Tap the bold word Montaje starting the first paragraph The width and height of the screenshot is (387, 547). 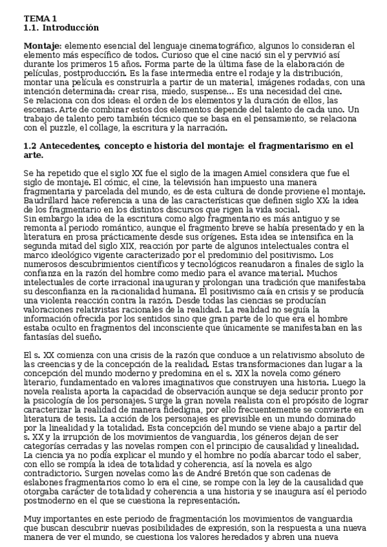[41, 46]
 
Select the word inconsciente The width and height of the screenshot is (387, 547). [193, 328]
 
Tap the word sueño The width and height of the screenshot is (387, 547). [87, 337]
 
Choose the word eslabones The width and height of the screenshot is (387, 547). [45, 483]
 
